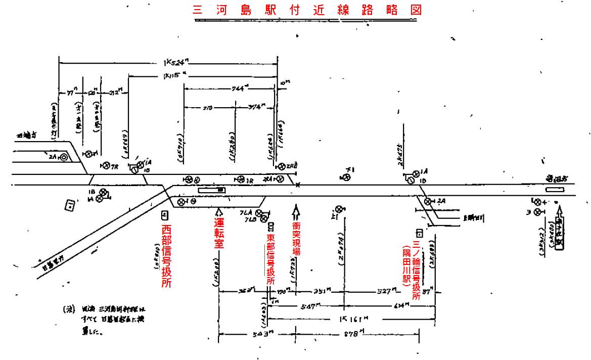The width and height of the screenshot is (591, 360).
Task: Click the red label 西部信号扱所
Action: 165,255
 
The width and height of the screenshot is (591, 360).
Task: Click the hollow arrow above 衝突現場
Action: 296,209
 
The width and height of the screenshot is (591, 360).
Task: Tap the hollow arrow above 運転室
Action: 218,211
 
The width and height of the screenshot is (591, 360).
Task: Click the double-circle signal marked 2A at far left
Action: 63,157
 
